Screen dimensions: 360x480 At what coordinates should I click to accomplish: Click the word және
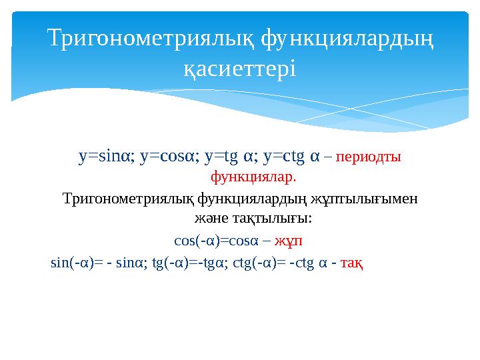pos(207,218)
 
